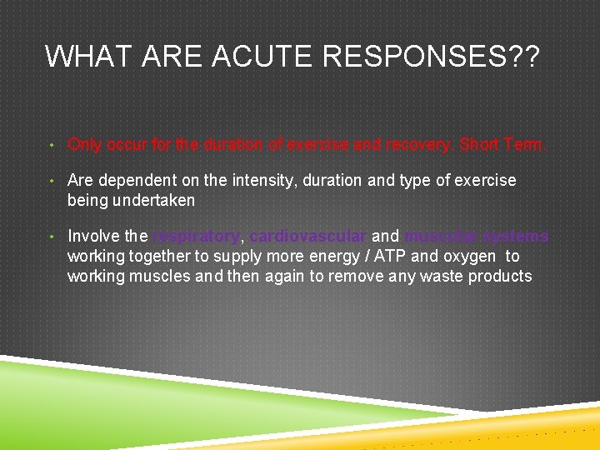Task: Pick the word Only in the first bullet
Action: click(85, 145)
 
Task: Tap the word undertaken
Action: click(155, 200)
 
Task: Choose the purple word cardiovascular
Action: click(308, 237)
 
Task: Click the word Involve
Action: click(93, 237)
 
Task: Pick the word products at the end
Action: click(500, 276)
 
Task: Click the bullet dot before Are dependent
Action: click(52, 181)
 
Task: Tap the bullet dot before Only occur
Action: click(52, 145)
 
